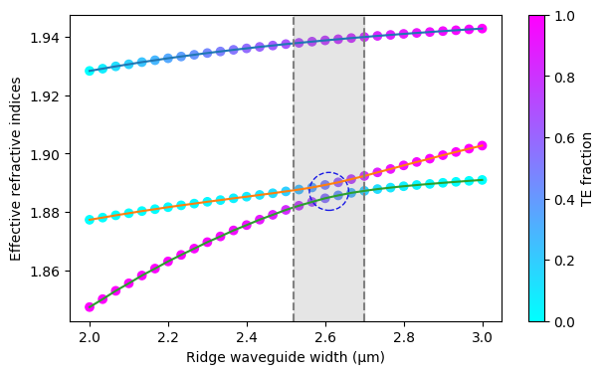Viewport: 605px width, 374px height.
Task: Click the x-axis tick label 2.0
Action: (90, 338)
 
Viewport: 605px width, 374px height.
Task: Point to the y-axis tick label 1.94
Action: (46, 38)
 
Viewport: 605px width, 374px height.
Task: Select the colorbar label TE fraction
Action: (587, 169)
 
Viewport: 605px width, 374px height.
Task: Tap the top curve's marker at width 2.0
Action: (90, 71)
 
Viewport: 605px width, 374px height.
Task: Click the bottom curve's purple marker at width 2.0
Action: (90, 307)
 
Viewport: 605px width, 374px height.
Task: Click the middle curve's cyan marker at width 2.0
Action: (90, 220)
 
